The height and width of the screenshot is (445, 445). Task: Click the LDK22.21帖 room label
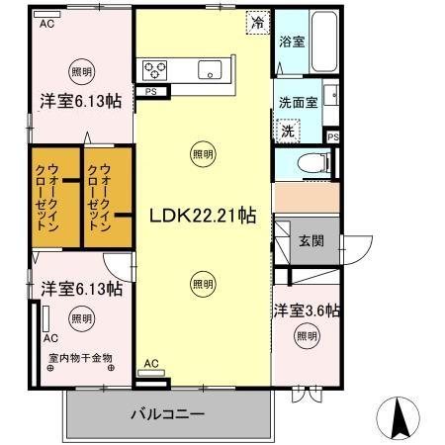202,216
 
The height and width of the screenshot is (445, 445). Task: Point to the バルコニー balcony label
167,413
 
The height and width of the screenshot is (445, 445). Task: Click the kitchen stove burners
156,69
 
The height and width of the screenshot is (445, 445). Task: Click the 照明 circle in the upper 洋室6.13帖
81,71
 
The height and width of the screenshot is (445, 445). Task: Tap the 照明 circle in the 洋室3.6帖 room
307,337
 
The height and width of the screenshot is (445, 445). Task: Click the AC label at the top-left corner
46,26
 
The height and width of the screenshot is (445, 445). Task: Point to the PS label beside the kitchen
151,93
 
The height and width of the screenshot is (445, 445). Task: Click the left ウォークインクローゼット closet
54,199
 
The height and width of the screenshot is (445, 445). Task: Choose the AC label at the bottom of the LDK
151,364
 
